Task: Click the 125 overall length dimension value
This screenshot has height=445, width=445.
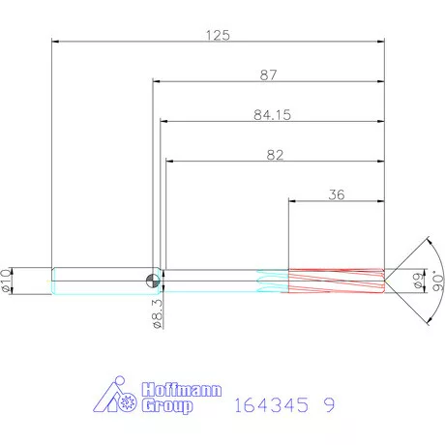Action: pyautogui.click(x=218, y=35)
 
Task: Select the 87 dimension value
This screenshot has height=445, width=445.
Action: pyautogui.click(x=268, y=75)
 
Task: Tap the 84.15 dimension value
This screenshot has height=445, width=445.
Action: pyautogui.click(x=272, y=115)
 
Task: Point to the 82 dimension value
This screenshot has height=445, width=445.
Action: pyautogui.click(x=275, y=155)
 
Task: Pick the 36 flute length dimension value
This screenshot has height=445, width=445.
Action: pyautogui.click(x=337, y=194)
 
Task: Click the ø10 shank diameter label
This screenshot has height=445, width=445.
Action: pyautogui.click(x=6, y=281)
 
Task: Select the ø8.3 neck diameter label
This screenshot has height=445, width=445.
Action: pyautogui.click(x=157, y=313)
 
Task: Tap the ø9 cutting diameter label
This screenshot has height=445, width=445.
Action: pyautogui.click(x=418, y=281)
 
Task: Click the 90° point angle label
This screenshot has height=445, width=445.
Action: pyautogui.click(x=437, y=281)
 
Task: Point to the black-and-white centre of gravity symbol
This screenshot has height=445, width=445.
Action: pyautogui.click(x=153, y=281)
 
